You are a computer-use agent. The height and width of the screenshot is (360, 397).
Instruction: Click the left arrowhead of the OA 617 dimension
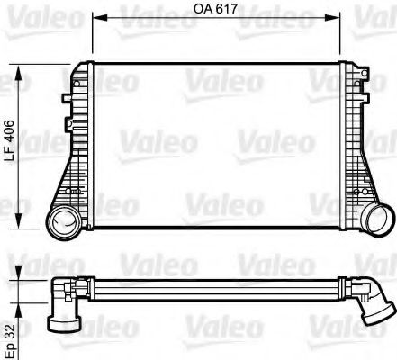96,25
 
